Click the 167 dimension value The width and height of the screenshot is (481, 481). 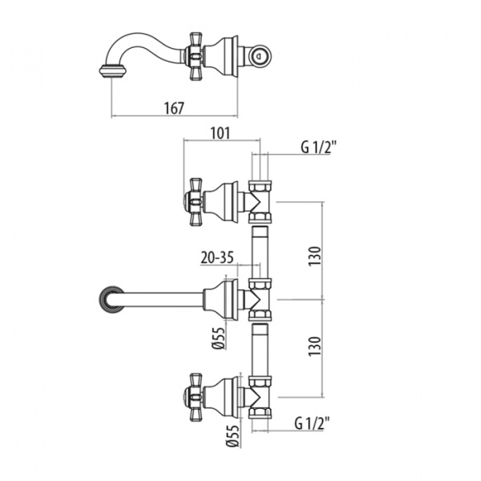(x=174, y=108)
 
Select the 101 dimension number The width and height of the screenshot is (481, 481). (x=220, y=133)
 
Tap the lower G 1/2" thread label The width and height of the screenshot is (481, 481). (x=313, y=424)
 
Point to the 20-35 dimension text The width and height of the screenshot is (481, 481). (x=217, y=257)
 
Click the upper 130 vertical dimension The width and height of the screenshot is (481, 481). (x=315, y=257)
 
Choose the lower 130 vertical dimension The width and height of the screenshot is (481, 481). (x=315, y=346)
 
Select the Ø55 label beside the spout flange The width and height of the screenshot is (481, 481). (x=219, y=338)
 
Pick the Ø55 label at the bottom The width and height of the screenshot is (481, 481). (x=232, y=436)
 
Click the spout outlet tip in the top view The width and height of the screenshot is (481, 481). (x=111, y=71)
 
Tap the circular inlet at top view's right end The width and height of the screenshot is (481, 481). (x=260, y=56)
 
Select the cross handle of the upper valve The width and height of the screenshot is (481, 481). (x=193, y=202)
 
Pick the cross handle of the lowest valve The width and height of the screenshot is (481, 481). (x=193, y=398)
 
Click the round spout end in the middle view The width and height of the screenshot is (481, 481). (x=111, y=299)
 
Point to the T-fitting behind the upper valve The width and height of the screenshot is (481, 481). (x=260, y=202)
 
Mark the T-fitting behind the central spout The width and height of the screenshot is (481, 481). (x=260, y=299)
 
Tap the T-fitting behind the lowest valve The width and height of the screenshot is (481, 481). (x=260, y=398)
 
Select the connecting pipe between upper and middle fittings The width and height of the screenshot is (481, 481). (x=260, y=253)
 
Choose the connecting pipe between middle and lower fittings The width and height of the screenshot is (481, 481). (x=260, y=350)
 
